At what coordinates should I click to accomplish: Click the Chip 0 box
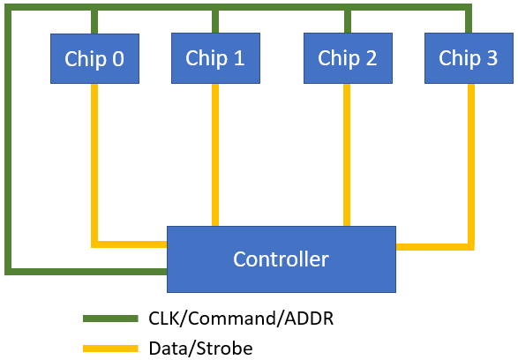click(x=94, y=58)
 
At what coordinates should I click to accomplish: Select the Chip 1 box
click(x=215, y=58)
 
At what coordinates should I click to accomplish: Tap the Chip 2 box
click(x=349, y=58)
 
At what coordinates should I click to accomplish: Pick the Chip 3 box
click(x=469, y=58)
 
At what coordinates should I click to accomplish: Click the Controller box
click(x=282, y=259)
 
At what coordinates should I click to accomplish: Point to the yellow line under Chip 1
click(x=215, y=155)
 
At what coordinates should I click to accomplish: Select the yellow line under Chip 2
click(x=347, y=155)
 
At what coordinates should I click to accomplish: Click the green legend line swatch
click(x=110, y=319)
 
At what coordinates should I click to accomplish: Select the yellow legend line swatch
click(x=110, y=349)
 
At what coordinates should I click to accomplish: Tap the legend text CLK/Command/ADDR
click(x=241, y=319)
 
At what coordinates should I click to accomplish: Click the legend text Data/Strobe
click(x=201, y=349)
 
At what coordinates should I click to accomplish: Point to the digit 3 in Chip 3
click(x=492, y=58)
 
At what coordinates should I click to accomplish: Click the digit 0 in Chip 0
click(x=118, y=59)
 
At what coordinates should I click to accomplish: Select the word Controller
click(x=282, y=259)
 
